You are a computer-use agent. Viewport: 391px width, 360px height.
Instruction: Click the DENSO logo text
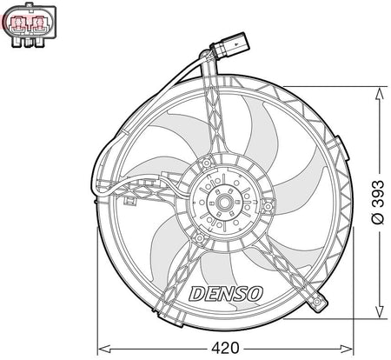coord(226,294)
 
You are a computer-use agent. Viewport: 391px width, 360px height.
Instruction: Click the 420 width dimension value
coord(225,348)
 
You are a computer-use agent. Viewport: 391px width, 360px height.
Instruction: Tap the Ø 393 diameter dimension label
coord(378,203)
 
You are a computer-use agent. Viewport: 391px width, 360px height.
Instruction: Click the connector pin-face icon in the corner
coord(29,24)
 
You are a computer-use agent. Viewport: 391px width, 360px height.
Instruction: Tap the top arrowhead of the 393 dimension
coord(379,94)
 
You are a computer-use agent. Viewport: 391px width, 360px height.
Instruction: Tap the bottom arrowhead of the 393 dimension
coord(379,311)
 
